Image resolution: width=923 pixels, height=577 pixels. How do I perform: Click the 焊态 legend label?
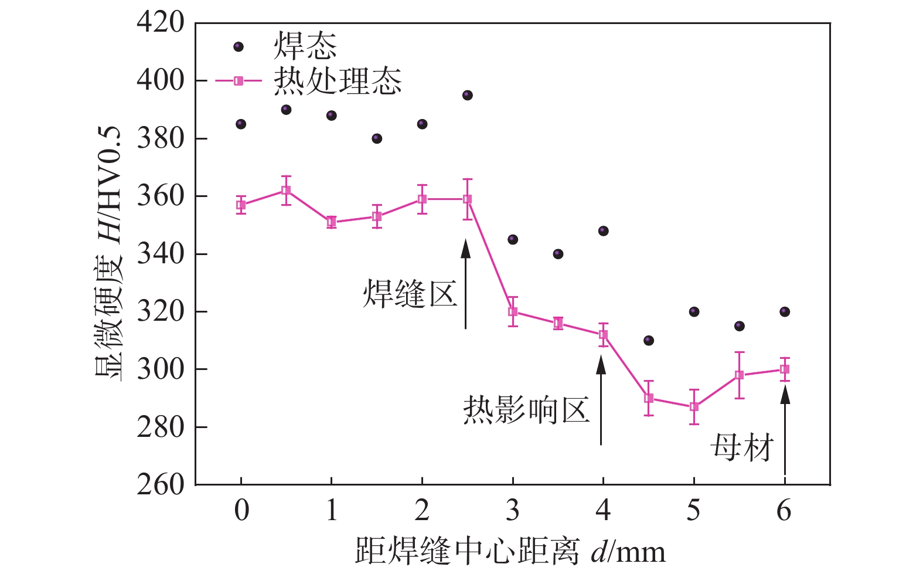point(305,46)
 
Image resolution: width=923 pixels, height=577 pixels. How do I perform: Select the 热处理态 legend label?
point(338,81)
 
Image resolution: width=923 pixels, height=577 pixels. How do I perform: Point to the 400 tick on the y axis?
point(160,80)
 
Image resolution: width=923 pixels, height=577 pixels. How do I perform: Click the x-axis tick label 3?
point(513,511)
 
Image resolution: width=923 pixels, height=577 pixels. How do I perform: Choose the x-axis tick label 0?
point(241,511)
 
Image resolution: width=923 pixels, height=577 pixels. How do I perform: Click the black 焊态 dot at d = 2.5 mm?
point(467,96)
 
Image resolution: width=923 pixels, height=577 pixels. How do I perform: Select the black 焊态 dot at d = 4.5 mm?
point(649,341)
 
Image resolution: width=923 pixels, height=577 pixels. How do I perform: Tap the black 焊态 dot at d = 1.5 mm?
point(377,139)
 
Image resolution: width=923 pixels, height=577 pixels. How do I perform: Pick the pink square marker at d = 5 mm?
point(694,407)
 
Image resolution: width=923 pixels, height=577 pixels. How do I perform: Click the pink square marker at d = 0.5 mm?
point(286,191)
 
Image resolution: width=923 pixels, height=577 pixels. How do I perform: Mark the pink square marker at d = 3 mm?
point(513,312)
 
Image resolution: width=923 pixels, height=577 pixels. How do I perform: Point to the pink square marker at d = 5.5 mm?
point(740,375)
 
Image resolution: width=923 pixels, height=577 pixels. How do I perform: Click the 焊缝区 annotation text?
point(410,293)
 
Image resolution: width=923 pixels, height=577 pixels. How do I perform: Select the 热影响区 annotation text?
point(526,409)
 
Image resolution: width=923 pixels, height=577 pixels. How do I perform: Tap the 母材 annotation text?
point(742,448)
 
